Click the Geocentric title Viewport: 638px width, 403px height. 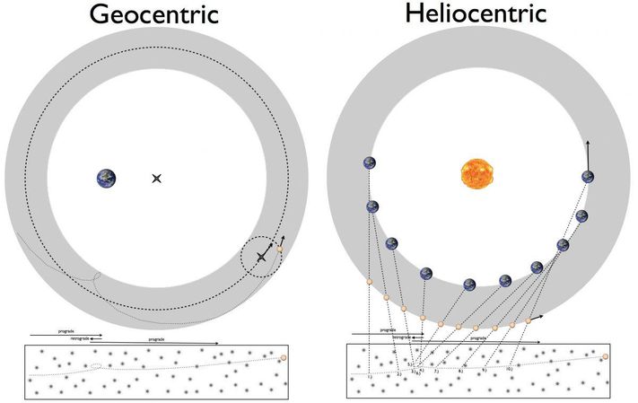coord(154,15)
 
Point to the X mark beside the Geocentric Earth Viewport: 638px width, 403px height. coord(156,179)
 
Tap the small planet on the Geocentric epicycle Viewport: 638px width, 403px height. coord(281,250)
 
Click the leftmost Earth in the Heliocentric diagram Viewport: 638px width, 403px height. coord(369,163)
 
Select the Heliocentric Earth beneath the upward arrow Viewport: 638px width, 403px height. coord(588,177)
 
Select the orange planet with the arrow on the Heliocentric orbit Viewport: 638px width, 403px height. coord(529,320)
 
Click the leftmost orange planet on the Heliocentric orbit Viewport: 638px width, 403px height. coord(369,284)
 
